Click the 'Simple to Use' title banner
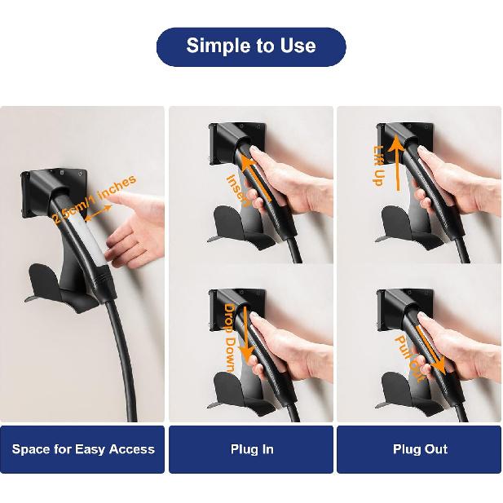(251, 46)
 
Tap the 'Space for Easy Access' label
(82, 449)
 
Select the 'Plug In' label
(251, 449)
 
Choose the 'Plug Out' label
(419, 449)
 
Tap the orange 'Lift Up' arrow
(397, 163)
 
